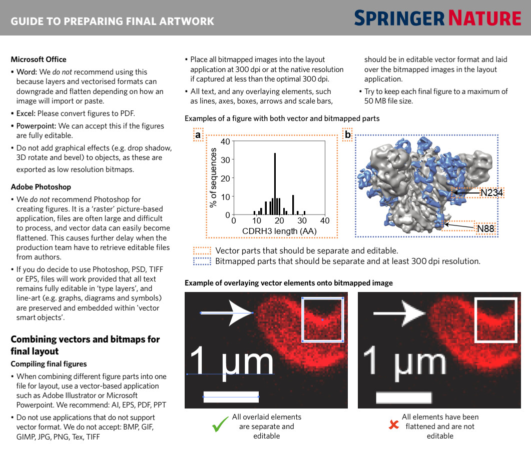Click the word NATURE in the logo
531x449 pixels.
pos(484,18)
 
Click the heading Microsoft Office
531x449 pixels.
pos(39,59)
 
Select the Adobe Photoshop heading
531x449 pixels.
pos(41,187)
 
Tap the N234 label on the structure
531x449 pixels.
pos(491,192)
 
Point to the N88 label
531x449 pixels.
pos(485,228)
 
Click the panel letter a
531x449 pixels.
pos(198,135)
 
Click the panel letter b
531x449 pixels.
pos(347,135)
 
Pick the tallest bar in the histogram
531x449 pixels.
pos(275,183)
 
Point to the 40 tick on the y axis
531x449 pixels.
pos(225,141)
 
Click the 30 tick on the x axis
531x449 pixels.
pos(302,220)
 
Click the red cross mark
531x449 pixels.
pos(394,425)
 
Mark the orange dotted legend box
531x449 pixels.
pos(202,250)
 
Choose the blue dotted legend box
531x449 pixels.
pos(202,261)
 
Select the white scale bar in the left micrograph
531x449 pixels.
pos(231,397)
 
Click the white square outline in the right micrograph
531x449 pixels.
pos(495,319)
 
